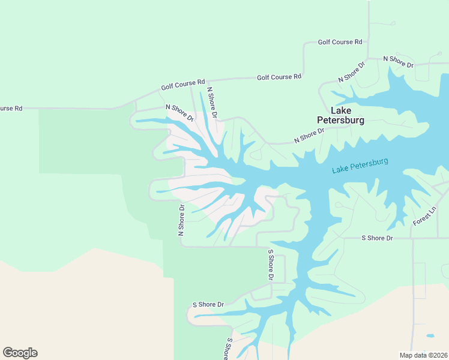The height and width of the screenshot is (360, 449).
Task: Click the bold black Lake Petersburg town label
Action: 340,115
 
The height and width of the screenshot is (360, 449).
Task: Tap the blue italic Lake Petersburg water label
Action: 360,166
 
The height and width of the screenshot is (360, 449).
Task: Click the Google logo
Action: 20,353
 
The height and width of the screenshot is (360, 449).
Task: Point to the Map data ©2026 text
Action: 424,355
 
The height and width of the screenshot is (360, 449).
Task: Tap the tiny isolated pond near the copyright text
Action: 429,336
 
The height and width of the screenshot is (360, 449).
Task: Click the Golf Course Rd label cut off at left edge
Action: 11,109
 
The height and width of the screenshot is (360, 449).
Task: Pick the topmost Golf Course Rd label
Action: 340,42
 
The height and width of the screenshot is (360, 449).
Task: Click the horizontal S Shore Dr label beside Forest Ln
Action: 377,238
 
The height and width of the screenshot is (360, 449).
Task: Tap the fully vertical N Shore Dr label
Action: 181,220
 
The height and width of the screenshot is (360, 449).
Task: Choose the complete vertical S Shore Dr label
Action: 271,265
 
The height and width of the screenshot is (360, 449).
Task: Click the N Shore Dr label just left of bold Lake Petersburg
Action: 309,135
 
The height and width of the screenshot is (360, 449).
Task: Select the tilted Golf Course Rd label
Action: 183,85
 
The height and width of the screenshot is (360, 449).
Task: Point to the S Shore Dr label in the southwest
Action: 208,305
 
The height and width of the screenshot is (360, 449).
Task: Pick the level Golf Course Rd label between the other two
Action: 279,77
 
